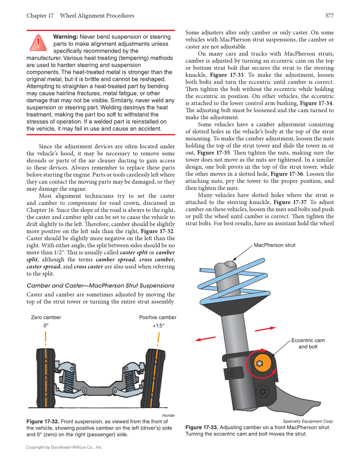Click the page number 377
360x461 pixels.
point(329,16)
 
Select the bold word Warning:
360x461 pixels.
point(65,37)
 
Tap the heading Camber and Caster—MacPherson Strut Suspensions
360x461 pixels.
point(100,285)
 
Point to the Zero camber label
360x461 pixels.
point(46,317)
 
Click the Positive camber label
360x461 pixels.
point(157,317)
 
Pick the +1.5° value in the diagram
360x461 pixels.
point(158,326)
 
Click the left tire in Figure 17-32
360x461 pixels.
point(45,377)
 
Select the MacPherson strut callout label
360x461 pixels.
point(274,245)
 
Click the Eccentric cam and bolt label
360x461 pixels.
point(308,344)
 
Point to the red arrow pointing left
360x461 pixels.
point(205,338)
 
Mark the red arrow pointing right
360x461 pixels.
point(265,329)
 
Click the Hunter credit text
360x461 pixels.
point(168,415)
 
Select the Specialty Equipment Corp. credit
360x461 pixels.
point(308,421)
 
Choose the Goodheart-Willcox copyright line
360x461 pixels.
point(64,447)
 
